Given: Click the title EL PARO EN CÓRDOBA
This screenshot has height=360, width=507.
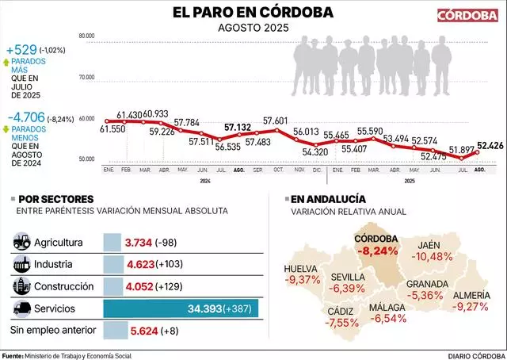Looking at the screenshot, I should (253, 13).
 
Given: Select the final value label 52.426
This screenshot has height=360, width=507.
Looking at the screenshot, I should (491, 144).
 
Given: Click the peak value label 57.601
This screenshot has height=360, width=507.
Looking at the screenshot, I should (276, 121).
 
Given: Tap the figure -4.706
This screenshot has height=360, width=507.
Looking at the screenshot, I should (24, 118).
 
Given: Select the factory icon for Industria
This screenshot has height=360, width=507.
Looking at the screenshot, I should (23, 263).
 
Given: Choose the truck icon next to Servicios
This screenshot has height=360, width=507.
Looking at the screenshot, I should (23, 308).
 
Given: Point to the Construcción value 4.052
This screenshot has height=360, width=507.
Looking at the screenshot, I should (143, 285).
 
